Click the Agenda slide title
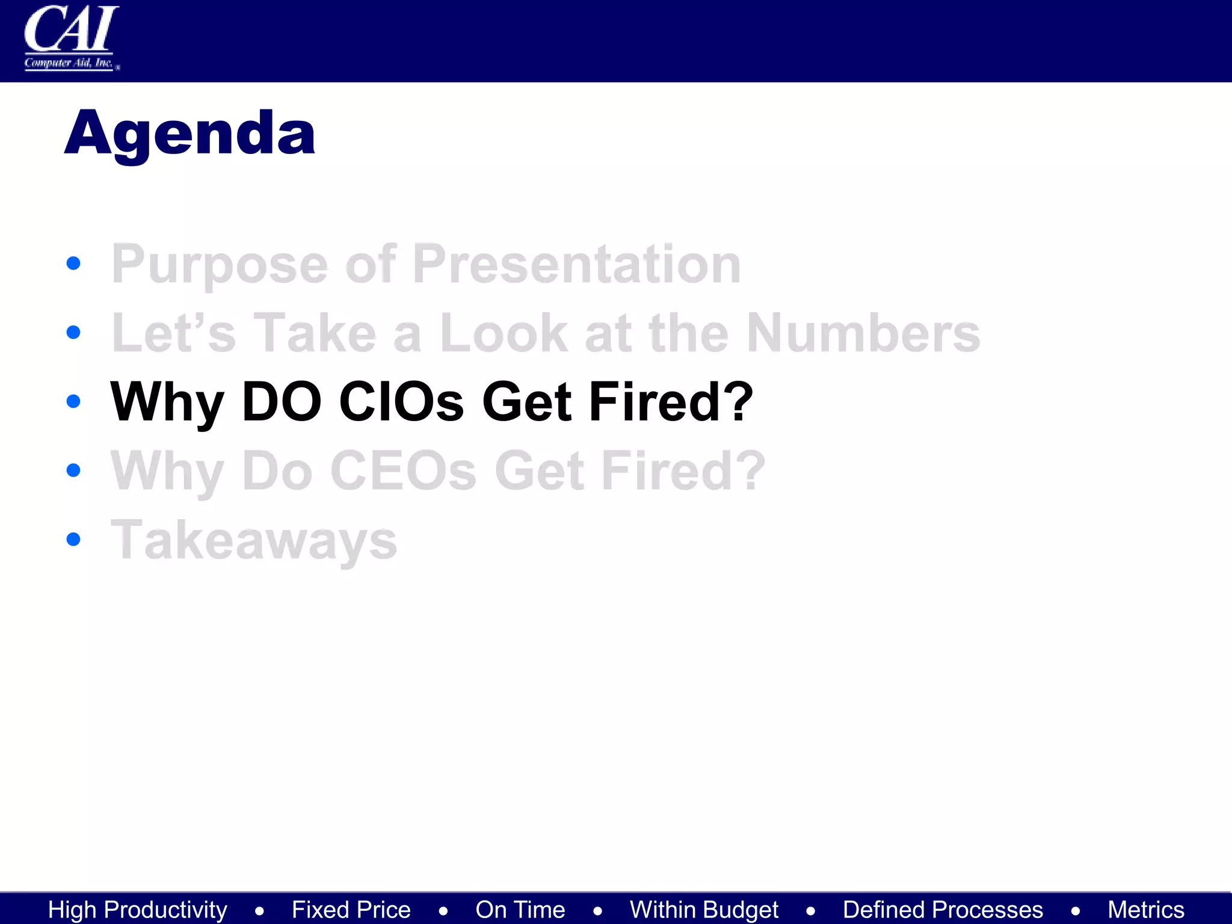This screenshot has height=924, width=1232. click(x=189, y=134)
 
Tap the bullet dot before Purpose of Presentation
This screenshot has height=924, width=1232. click(x=73, y=263)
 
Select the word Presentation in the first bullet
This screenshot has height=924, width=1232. click(x=576, y=264)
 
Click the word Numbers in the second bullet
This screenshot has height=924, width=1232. click(x=863, y=333)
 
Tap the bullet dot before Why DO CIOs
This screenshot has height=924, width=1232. click(x=73, y=401)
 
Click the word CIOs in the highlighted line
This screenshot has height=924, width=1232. click(x=401, y=401)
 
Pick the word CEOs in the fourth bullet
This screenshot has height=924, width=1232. click(x=403, y=470)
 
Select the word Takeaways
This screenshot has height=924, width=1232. click(x=254, y=540)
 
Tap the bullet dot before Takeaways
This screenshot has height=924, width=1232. click(x=73, y=539)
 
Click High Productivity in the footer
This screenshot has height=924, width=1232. click(x=138, y=910)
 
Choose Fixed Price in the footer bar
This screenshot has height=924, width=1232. click(x=351, y=910)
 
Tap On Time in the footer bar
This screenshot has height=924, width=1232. click(x=520, y=910)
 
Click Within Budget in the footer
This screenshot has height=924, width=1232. click(x=704, y=910)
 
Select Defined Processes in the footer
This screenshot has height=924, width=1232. click(x=943, y=910)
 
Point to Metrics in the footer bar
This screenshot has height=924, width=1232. click(x=1146, y=910)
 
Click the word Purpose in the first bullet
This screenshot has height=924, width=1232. click(x=220, y=264)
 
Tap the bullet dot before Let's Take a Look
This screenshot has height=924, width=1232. click(x=73, y=332)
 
